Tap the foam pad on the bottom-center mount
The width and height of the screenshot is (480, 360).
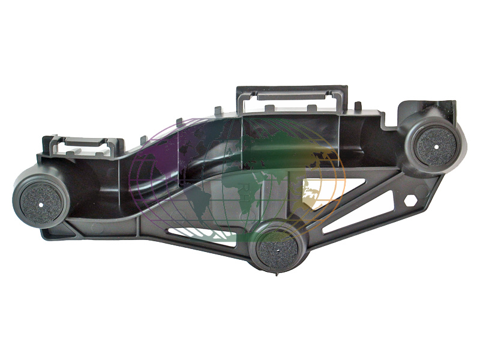[278, 246]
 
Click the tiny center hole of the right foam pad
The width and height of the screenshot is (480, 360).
[436, 145]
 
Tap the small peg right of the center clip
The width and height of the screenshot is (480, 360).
[358, 106]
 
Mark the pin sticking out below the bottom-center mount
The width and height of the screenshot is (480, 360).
[275, 274]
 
